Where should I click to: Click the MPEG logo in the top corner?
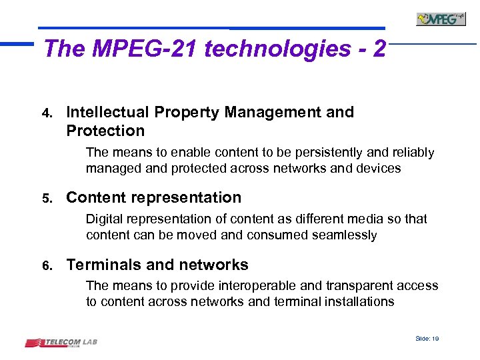click(x=441, y=18)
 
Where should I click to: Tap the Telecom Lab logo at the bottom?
click(x=61, y=343)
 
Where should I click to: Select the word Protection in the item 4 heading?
click(x=105, y=131)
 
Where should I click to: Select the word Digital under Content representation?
click(x=105, y=219)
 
